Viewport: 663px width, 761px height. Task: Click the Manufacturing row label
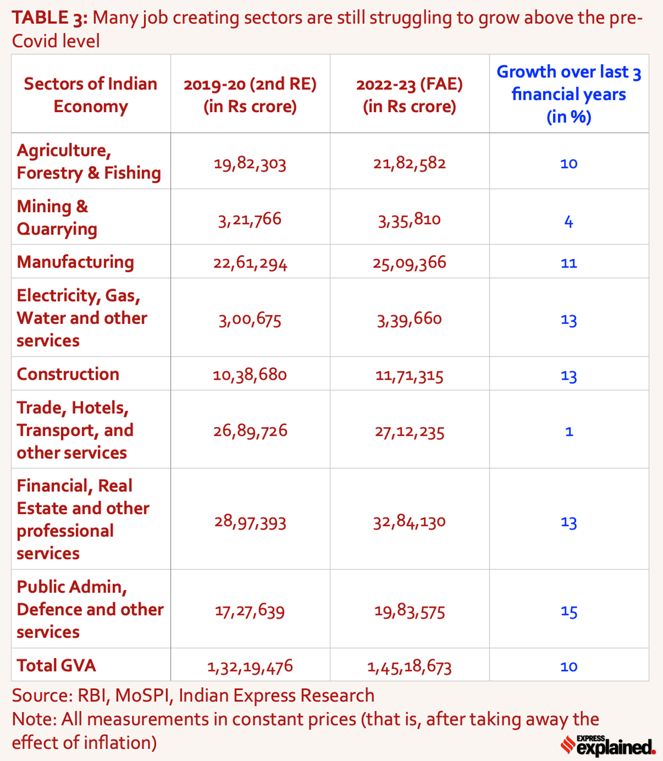tap(75, 262)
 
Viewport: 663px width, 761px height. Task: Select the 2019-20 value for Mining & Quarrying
tap(250, 219)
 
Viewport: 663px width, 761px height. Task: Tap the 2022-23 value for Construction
tap(409, 376)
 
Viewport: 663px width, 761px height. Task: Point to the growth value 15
tap(569, 612)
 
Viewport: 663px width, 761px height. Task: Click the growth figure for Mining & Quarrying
tap(569, 222)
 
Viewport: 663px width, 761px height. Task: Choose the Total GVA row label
tap(56, 665)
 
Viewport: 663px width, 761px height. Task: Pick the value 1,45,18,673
tap(409, 667)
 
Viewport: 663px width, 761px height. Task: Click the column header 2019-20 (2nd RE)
tap(250, 95)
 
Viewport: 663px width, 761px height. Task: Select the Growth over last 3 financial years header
tap(569, 94)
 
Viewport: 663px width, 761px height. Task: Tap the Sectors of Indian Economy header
tap(91, 95)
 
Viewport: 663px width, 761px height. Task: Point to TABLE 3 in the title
tap(49, 18)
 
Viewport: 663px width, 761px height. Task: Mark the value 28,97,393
tap(250, 522)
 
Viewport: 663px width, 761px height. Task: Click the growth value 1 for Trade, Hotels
tap(569, 431)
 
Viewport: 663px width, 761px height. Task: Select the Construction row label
tap(68, 374)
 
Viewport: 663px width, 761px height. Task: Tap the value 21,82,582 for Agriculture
tap(409, 164)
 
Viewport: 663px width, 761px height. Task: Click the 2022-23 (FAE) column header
tap(409, 95)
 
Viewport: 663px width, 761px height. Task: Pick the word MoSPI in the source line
tap(143, 695)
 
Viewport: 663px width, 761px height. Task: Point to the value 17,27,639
tap(250, 611)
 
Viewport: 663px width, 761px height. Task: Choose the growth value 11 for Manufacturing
tap(569, 263)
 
